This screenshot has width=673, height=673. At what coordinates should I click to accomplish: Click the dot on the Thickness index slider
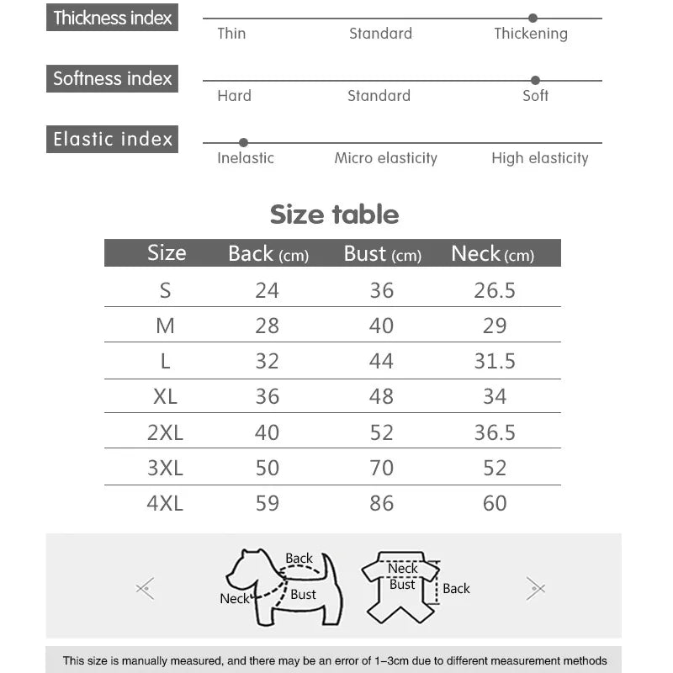coord(533,18)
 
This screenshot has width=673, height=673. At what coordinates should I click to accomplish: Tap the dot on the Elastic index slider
coord(243,142)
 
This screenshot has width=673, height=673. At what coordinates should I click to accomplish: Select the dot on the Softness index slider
coord(535,80)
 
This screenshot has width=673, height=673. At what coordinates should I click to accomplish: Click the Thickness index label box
coord(112,18)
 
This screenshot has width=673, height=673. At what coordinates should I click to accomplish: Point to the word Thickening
coord(530,34)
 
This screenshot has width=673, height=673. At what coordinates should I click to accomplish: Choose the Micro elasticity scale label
coord(385,158)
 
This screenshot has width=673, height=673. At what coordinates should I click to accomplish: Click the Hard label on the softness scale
coord(234,96)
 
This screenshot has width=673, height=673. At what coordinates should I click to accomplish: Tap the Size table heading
coord(334,215)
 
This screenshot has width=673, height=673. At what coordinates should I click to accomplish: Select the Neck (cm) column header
coord(492,253)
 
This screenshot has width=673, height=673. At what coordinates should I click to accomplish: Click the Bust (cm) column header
coord(382,253)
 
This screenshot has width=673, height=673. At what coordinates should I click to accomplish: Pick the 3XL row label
coord(165,468)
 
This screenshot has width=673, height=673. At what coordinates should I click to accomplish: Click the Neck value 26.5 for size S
coord(495,290)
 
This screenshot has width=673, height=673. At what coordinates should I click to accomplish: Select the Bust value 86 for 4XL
coord(381,503)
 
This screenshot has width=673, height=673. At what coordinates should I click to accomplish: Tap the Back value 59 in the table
coord(267,503)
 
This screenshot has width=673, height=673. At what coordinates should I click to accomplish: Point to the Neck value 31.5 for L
coord(495,361)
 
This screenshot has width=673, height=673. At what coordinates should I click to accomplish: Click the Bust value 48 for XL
coord(381,396)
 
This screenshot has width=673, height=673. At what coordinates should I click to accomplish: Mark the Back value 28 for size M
coord(267,326)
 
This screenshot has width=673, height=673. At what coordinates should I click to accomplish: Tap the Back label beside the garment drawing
coord(456,589)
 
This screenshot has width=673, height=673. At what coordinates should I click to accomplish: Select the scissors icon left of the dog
coord(146,588)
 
